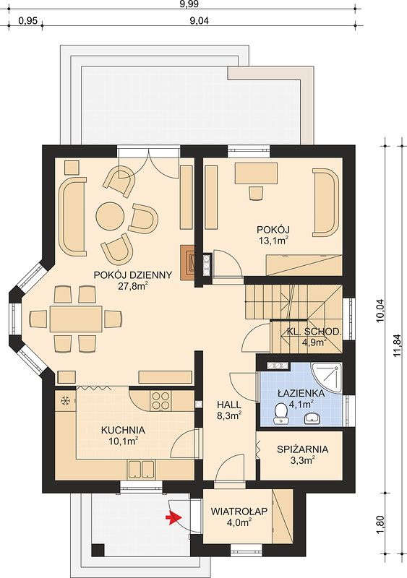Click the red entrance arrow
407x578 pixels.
[171, 519]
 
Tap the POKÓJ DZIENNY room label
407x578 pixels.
[133, 275]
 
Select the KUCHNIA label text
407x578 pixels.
[123, 430]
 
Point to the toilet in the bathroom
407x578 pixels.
[281, 413]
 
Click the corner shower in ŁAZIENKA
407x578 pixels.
[327, 378]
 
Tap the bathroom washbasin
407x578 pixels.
[314, 418]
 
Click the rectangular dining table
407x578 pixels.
[76, 319]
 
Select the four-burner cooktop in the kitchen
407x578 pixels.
[160, 400]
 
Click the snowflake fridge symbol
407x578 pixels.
[66, 400]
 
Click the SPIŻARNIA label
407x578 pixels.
[303, 449]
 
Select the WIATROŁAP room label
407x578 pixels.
[239, 512]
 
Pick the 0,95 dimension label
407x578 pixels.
[27, 21]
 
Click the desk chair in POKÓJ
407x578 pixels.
[256, 193]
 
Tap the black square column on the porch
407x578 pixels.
[98, 550]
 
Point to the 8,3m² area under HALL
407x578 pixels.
[228, 416]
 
